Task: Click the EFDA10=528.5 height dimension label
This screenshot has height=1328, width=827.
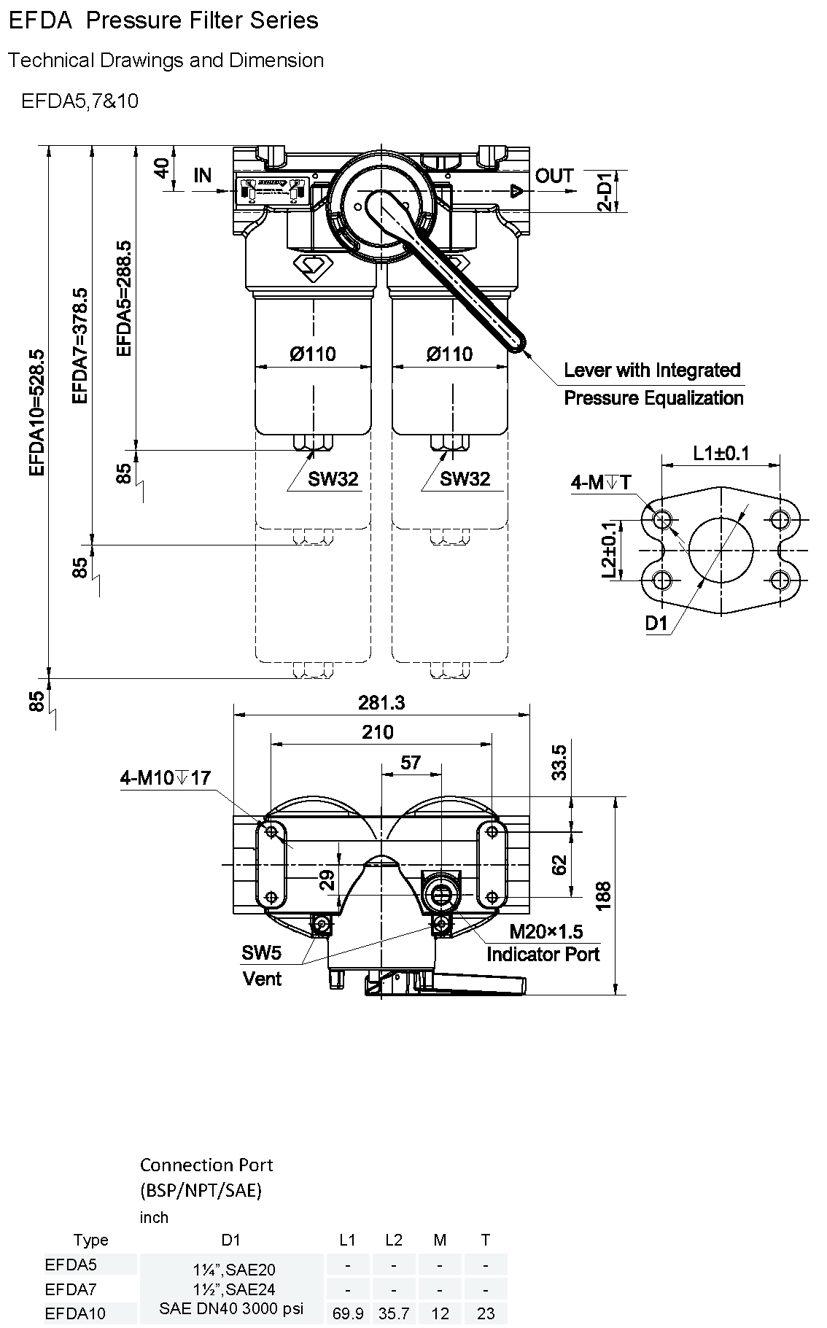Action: pos(37,412)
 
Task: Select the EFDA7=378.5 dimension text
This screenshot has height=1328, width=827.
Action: pos(79,345)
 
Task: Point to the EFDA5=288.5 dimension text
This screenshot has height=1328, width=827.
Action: pos(125,298)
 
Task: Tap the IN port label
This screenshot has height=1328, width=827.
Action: pos(203,176)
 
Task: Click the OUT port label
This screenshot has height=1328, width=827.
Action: pos(554,176)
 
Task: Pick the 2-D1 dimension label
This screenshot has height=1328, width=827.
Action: pos(606,192)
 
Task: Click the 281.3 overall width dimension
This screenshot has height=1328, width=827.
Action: pos(381,703)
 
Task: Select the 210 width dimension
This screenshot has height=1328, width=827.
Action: pos(378,732)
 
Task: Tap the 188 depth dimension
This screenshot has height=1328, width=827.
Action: pos(604,896)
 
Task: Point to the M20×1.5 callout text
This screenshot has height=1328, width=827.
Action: pos(546,931)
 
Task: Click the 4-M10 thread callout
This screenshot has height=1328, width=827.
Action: pos(166,778)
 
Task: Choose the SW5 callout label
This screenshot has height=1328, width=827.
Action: pos(261,952)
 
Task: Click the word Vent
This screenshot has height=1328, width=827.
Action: pos(262,979)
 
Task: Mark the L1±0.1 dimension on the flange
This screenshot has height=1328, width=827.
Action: pos(721,453)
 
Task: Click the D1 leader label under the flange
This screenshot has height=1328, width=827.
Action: pos(656,624)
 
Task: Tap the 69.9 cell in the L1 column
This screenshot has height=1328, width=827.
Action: pos(348,1313)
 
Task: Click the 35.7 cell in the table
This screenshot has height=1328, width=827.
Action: pos(394,1313)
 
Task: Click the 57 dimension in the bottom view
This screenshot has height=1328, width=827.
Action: pos(411,762)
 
